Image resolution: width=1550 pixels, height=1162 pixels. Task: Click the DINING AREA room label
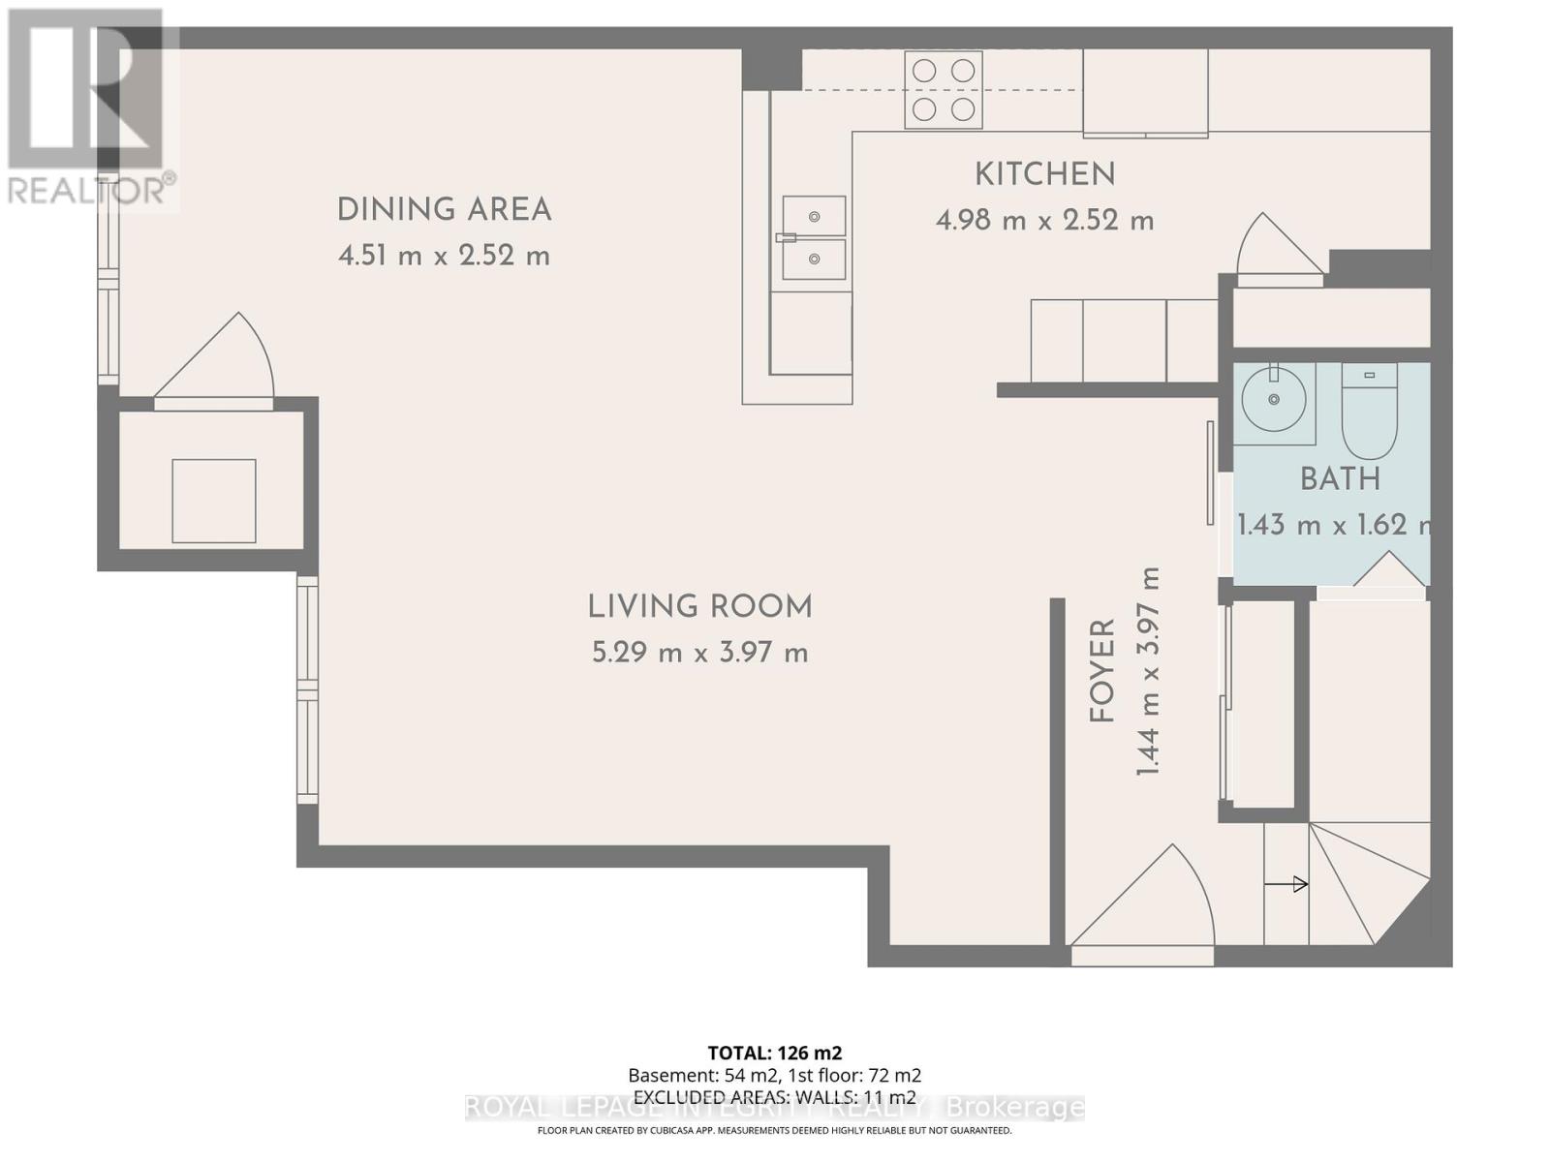pyautogui.click(x=444, y=209)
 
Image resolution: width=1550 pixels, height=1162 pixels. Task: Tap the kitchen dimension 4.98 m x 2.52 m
pyautogui.click(x=1044, y=221)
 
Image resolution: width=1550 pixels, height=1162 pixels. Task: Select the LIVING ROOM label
pyautogui.click(x=699, y=607)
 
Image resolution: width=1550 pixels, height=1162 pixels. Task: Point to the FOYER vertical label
pyautogui.click(x=1102, y=671)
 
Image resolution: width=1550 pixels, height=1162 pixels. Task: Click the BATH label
pyautogui.click(x=1340, y=478)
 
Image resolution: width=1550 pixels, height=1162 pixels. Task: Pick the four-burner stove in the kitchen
pyautogui.click(x=944, y=89)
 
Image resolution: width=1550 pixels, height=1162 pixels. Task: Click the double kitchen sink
pyautogui.click(x=813, y=237)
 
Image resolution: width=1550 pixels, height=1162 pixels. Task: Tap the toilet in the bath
pyautogui.click(x=1369, y=410)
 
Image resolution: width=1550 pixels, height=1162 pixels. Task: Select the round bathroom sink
pyautogui.click(x=1274, y=399)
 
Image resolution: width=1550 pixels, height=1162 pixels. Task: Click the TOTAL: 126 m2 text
pyautogui.click(x=774, y=1053)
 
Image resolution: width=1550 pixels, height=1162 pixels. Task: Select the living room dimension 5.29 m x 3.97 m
pyautogui.click(x=699, y=653)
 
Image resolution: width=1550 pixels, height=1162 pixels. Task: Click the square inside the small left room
pyautogui.click(x=214, y=501)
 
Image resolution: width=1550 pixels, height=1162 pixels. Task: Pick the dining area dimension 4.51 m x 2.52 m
pyautogui.click(x=444, y=256)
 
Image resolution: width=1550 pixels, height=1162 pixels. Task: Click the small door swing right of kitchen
pyautogui.click(x=1278, y=250)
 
